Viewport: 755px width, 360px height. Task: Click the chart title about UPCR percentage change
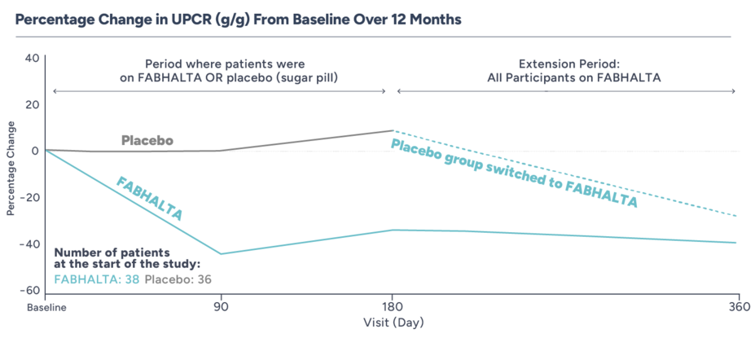coord(230,17)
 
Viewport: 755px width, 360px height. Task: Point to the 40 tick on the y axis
coord(32,58)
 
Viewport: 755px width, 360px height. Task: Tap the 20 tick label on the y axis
coord(32,104)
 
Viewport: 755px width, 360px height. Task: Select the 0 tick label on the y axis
coord(35,151)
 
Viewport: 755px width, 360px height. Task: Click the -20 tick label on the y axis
coord(29,198)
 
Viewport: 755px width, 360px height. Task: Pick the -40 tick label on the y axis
coord(29,244)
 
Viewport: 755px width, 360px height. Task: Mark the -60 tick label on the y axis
coord(29,291)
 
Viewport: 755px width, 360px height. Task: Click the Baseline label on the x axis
coord(45,308)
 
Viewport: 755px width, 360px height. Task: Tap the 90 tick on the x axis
coord(220,308)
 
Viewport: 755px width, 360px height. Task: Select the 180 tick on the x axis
coord(393,308)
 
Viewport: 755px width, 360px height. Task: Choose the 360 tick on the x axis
coord(738,308)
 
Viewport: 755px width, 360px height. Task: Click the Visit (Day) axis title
coord(393,323)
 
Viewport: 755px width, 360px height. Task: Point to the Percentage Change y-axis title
coord(11,169)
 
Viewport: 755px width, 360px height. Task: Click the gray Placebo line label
coord(147,140)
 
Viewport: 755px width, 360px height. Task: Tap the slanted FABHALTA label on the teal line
coord(150,199)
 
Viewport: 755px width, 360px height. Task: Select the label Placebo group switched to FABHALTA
coord(514,174)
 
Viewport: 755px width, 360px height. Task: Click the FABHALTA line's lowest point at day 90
coord(220,254)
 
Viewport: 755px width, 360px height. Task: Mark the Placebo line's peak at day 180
coord(393,130)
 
